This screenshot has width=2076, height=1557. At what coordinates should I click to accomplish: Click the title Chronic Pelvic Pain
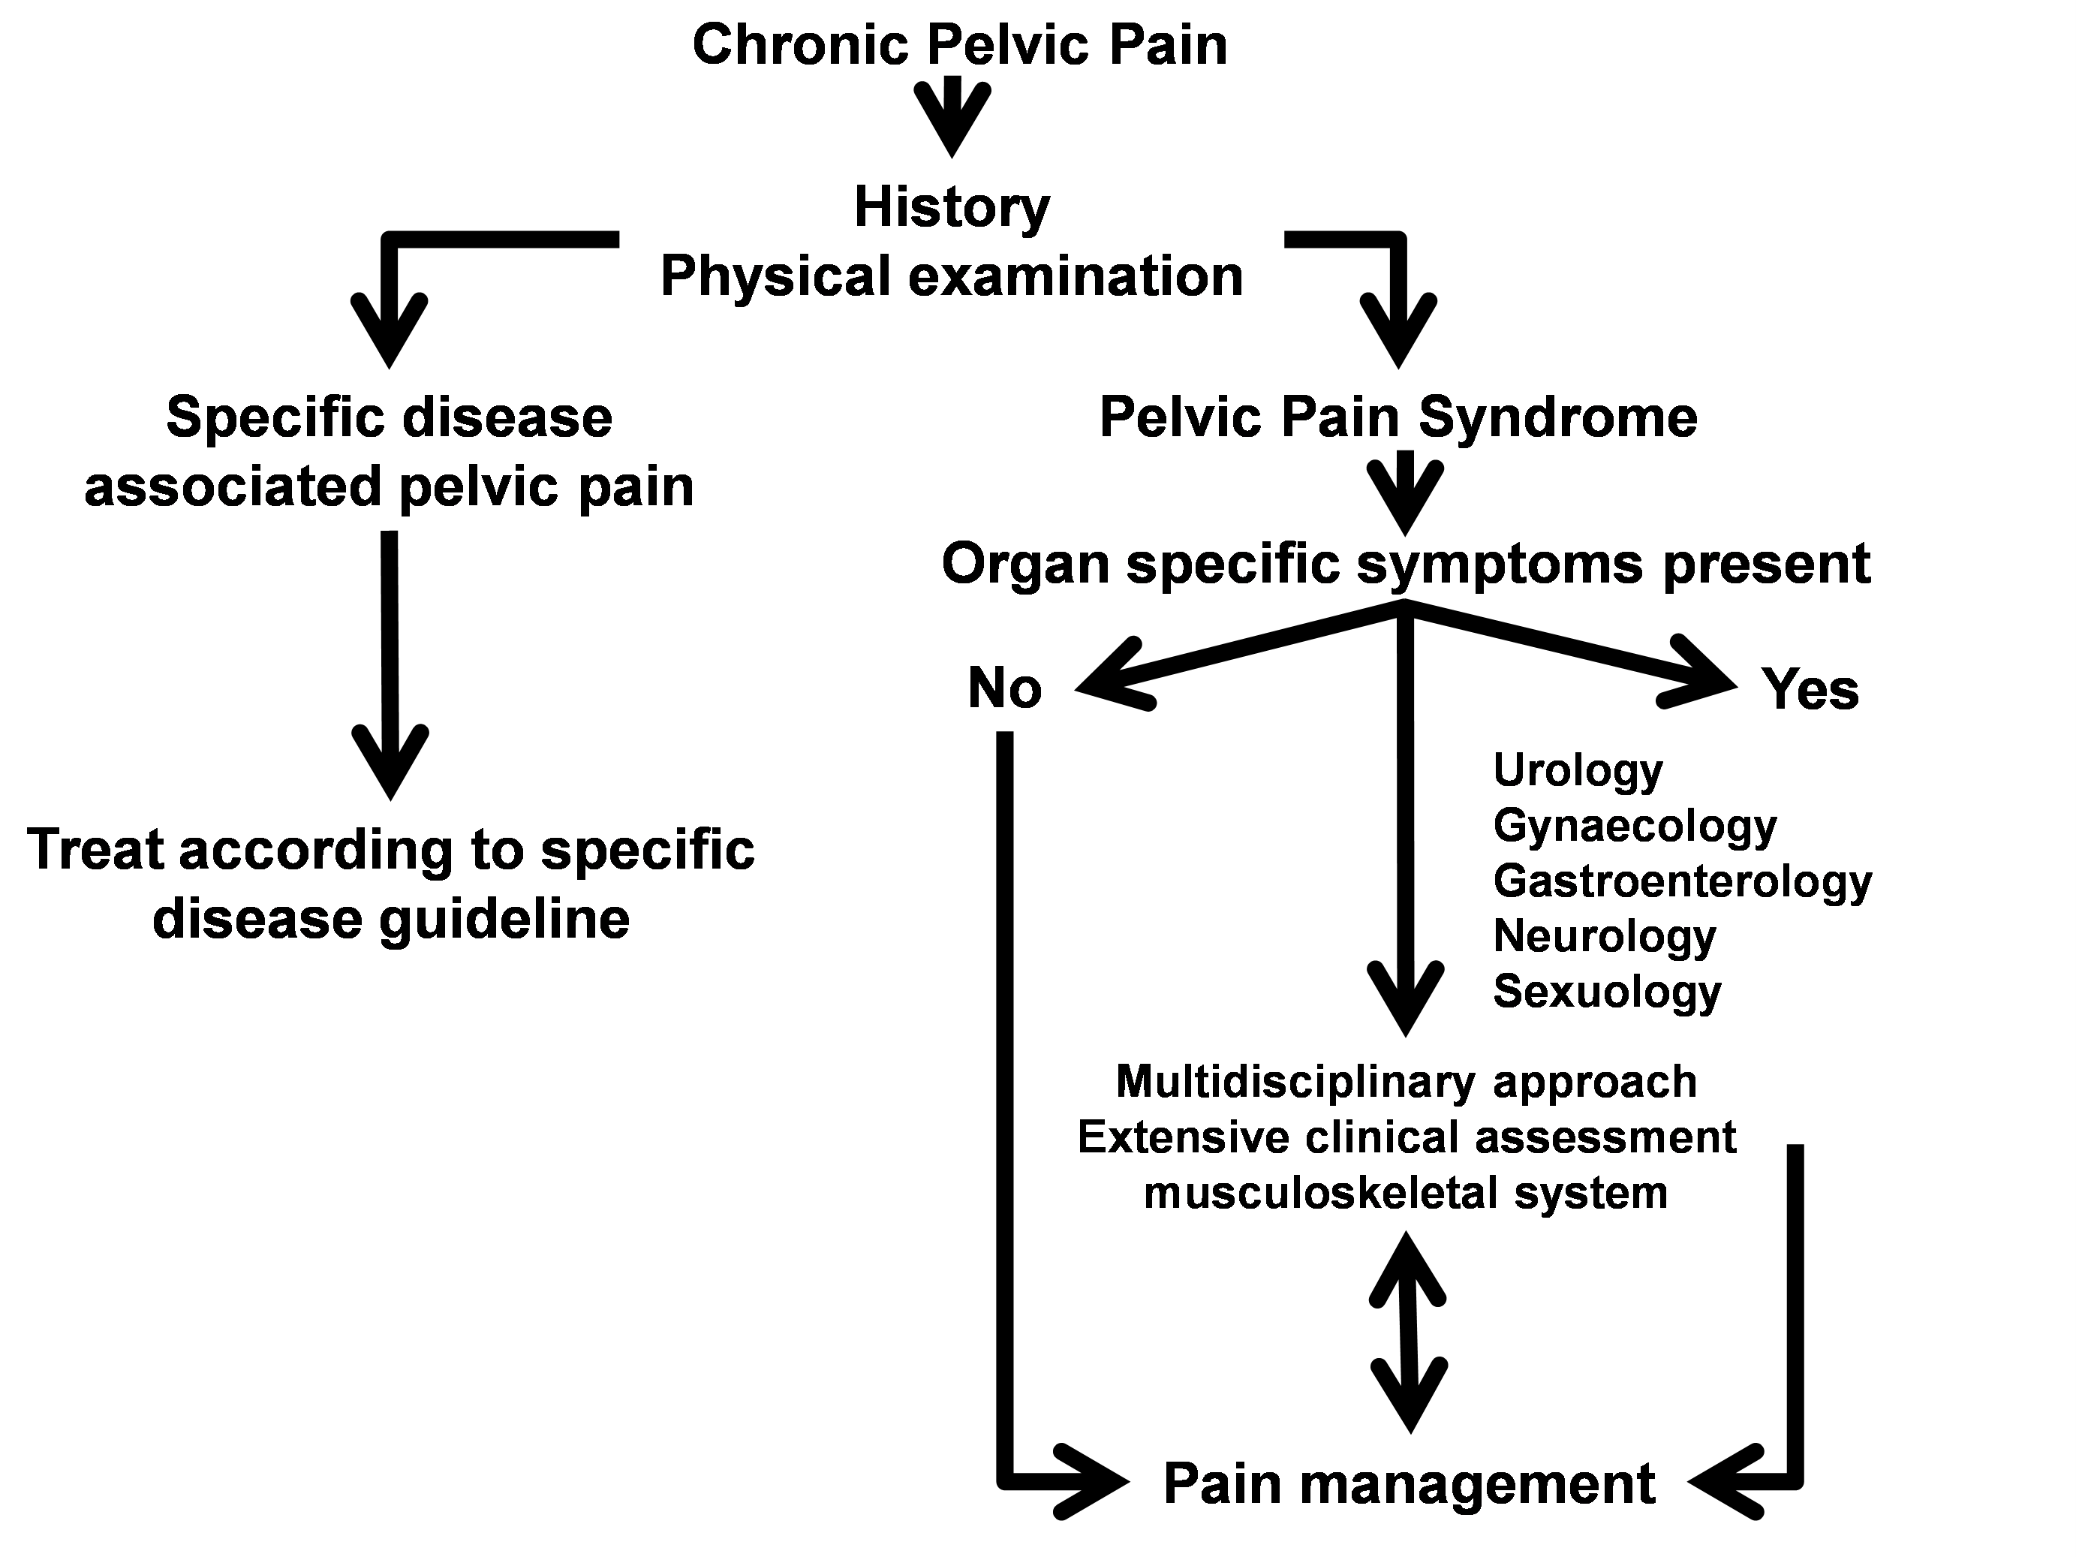pos(959,45)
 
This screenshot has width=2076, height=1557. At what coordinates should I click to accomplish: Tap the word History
pos(952,207)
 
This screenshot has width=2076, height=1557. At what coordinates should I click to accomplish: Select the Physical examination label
pos(952,277)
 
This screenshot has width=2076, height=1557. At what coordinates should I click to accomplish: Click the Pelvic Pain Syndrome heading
pos(1398,417)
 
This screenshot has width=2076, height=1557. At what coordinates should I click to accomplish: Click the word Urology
pos(1578,769)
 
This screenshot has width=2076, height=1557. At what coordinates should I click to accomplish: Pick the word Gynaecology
pos(1635,826)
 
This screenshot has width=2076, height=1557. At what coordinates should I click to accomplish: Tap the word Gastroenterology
pos(1683,881)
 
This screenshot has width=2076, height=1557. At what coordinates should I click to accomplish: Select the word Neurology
pos(1605,935)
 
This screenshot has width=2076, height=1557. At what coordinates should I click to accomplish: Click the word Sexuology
pos(1608,991)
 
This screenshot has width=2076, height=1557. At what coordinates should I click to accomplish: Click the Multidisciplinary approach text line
pos(1406,1082)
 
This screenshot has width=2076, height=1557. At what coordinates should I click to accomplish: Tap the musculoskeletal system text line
pos(1406,1193)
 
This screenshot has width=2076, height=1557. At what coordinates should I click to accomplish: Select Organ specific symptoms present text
pos(1406,564)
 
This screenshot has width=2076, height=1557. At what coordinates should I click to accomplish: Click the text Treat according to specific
pos(390,849)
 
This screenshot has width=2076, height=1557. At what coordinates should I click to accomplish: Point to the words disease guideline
pos(390,919)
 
